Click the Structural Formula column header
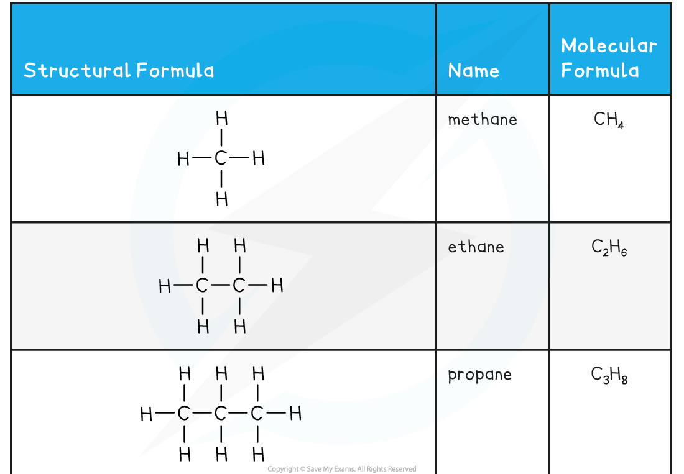[x=119, y=70]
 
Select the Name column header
[x=473, y=71]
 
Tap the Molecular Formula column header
[x=608, y=58]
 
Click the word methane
[x=482, y=119]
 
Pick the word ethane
[x=476, y=247]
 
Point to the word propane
[x=479, y=375]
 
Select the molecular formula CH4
[x=609, y=120]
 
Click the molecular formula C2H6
[x=609, y=247]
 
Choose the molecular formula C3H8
[x=609, y=375]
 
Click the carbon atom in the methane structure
[x=221, y=158]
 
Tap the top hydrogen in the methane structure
[x=221, y=119]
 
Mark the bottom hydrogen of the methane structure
[x=221, y=199]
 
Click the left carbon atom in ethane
[x=202, y=286]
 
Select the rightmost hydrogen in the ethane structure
[x=277, y=286]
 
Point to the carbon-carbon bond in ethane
[x=220, y=286]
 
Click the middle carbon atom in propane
[x=221, y=414]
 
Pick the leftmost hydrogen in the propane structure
[x=146, y=414]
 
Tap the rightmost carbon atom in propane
[x=257, y=414]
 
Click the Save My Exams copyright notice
[x=341, y=469]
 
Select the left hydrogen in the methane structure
[x=183, y=159]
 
